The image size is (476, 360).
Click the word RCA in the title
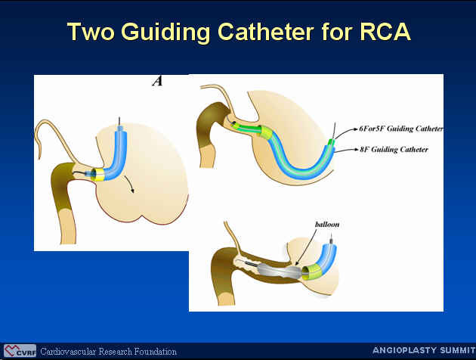[x=385, y=32]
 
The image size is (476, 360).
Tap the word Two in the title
[x=91, y=32]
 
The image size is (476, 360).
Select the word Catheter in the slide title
[x=266, y=32]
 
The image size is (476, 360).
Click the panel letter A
[x=157, y=81]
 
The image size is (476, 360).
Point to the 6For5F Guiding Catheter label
[x=401, y=129]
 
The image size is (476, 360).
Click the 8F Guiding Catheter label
[x=394, y=150]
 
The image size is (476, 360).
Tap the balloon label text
[x=327, y=225]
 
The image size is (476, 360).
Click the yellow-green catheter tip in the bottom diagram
[x=312, y=272]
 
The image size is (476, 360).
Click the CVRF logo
[x=20, y=351]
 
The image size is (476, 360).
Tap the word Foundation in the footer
[x=156, y=352]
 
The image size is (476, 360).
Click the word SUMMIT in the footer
[x=458, y=350]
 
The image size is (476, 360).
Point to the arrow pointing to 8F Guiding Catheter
[x=346, y=150]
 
